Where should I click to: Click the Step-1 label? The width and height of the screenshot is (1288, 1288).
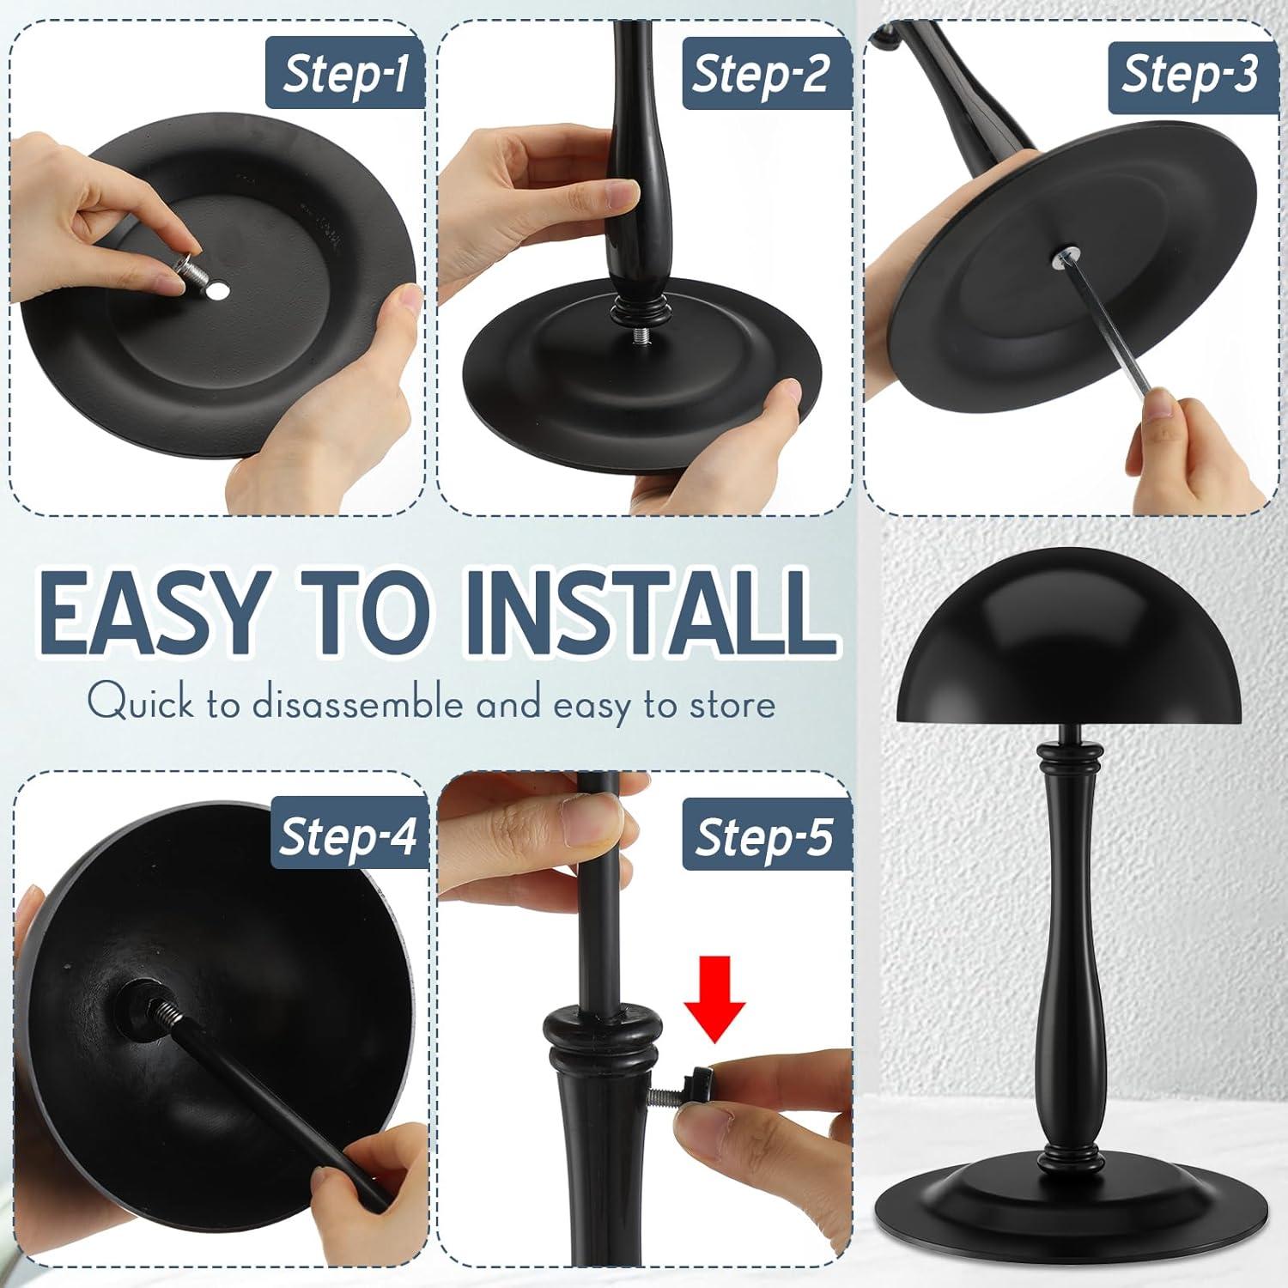(345, 75)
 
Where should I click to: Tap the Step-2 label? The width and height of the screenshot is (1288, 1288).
(759, 75)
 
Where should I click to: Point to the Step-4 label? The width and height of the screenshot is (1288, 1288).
(349, 835)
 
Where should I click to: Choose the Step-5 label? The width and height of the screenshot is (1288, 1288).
(762, 836)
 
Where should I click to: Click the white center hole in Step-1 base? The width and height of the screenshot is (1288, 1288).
(218, 294)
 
